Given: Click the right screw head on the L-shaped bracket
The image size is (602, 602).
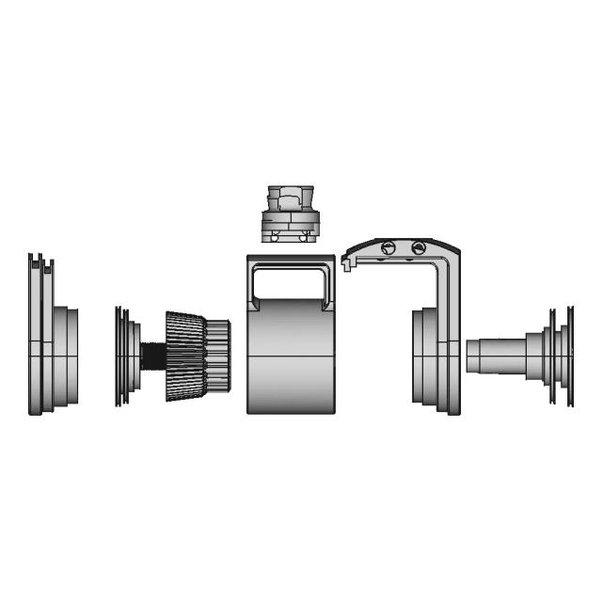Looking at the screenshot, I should point(419,247).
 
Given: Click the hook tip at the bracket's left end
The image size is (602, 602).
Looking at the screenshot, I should point(349,267).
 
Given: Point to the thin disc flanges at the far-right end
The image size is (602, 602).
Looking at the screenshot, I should point(566,356).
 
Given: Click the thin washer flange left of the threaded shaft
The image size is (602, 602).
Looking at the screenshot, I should point(120,356).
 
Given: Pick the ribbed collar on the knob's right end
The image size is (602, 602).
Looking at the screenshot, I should point(218,356).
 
